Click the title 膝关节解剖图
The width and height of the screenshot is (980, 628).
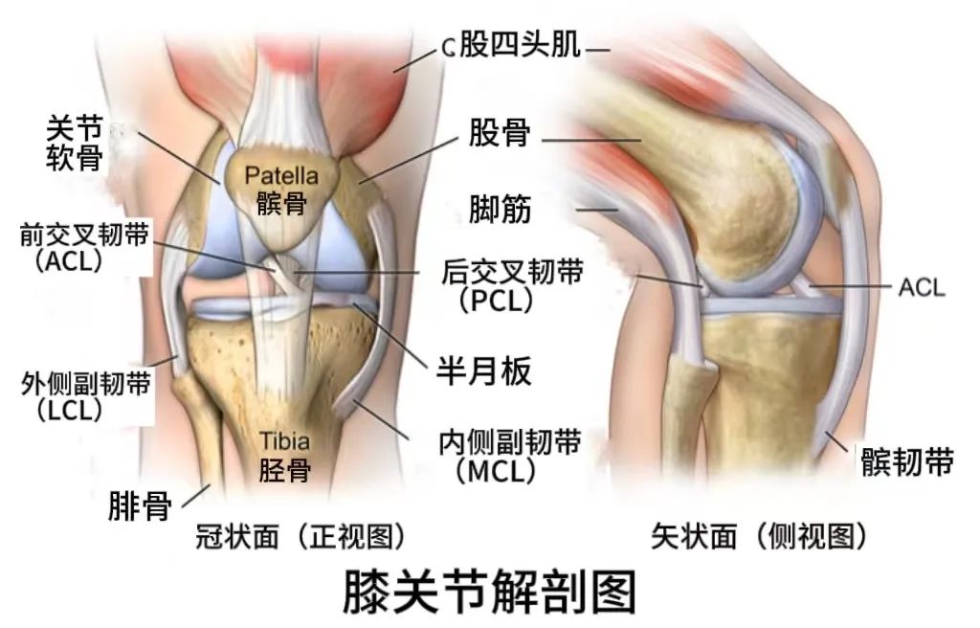tap(489, 592)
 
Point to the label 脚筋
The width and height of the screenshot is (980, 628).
tap(499, 207)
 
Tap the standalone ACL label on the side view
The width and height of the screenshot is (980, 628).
tap(920, 285)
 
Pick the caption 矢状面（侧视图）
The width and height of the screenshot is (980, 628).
tap(760, 536)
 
